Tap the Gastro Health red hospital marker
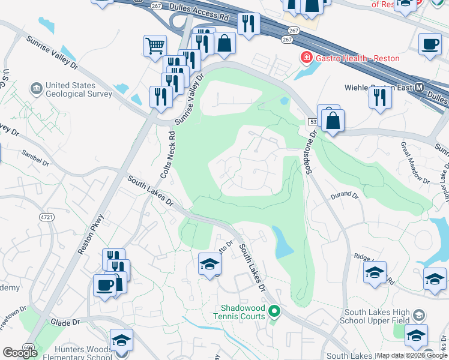point(306,58)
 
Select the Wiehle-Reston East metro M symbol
point(419,88)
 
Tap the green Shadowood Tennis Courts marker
point(275,311)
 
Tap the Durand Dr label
point(344,196)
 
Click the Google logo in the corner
point(20,352)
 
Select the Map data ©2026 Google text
point(412,355)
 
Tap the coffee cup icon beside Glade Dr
point(104,286)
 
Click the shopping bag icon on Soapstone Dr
point(333,121)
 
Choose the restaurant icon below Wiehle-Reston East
point(380,98)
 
